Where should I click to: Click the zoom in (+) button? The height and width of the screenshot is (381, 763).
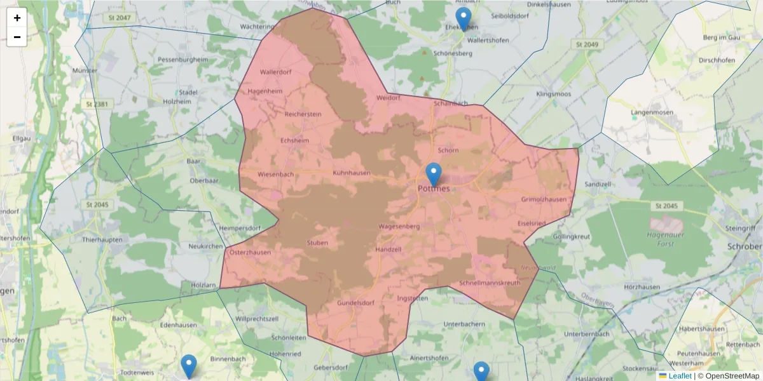point(17,18)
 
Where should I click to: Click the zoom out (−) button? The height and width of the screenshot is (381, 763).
point(17,37)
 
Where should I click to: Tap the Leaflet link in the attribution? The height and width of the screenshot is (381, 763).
point(680,376)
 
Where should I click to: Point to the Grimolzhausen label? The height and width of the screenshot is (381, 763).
point(544,199)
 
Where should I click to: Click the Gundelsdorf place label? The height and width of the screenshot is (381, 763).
point(355,303)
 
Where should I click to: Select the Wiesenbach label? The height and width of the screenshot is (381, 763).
point(276,174)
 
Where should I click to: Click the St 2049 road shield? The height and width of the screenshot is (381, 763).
point(587,44)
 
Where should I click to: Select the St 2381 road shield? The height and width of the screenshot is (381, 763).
point(97,104)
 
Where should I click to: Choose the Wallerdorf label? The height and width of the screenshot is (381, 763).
point(275,72)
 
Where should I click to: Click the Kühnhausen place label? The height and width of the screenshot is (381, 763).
point(352,172)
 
